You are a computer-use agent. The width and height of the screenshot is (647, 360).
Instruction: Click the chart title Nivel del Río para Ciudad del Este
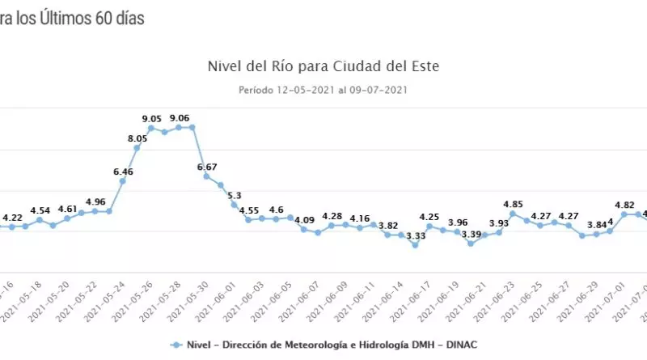pyautogui.click(x=323, y=65)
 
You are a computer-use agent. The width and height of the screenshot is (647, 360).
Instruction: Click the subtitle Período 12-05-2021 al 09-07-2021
pyautogui.click(x=323, y=89)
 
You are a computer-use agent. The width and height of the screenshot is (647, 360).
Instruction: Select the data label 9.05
pyautogui.click(x=152, y=119)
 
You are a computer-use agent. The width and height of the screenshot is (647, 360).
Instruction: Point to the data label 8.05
pyautogui.click(x=137, y=139)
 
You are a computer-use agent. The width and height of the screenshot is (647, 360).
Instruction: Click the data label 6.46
pyautogui.click(x=123, y=172)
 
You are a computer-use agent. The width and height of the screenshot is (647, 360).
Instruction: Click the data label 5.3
pyautogui.click(x=235, y=195)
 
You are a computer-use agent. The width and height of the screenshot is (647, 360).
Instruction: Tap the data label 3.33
pyautogui.click(x=416, y=236)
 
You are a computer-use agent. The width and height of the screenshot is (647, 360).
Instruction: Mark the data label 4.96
pyautogui.click(x=95, y=201)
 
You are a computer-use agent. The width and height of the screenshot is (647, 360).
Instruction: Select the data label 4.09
pyautogui.click(x=304, y=219)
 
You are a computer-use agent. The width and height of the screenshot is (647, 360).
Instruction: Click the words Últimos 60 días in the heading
pyautogui.click(x=89, y=17)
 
